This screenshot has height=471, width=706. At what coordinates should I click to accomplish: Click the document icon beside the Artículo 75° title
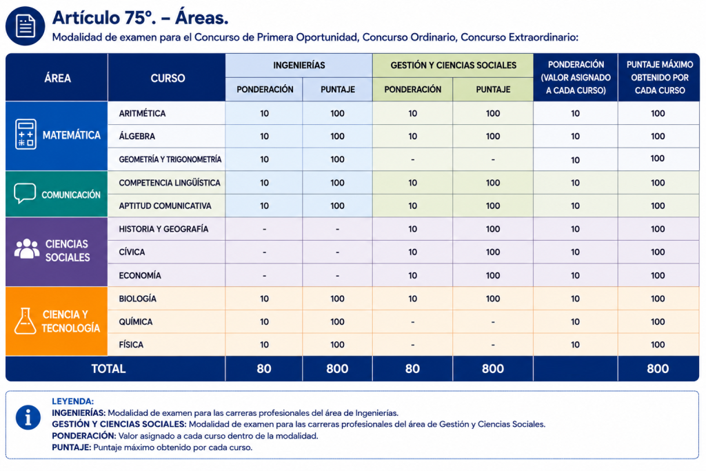26,26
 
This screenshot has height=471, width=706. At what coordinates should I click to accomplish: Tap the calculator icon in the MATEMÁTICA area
26,134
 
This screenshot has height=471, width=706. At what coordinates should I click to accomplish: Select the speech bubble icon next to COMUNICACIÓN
25,193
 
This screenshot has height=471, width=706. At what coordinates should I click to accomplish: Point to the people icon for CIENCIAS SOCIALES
27,248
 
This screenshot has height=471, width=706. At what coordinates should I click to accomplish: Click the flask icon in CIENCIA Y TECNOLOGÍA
26,321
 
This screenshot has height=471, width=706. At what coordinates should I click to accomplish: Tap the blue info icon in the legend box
28,417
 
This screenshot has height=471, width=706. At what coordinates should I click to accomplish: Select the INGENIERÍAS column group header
299,66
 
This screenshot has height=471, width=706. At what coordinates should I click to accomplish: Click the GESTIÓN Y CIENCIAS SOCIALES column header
454,66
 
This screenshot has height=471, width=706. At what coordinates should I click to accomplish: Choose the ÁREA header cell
58,79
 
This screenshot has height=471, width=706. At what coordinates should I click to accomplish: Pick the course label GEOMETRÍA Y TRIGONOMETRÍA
170,159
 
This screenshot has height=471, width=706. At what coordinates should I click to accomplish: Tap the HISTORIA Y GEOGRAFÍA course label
163,229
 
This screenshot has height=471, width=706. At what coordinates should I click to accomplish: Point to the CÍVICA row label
132,252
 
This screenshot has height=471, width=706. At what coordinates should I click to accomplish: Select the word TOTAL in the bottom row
108,369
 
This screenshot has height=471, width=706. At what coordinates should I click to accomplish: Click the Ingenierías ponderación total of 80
264,369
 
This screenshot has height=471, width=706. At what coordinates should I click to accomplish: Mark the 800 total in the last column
658,369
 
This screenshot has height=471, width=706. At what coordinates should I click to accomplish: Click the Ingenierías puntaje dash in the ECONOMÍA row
337,276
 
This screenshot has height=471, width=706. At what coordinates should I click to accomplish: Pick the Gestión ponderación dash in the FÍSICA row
412,345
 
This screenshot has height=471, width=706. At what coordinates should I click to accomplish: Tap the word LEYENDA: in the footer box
72,401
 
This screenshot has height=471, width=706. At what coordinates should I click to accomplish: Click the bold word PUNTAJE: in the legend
71,448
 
